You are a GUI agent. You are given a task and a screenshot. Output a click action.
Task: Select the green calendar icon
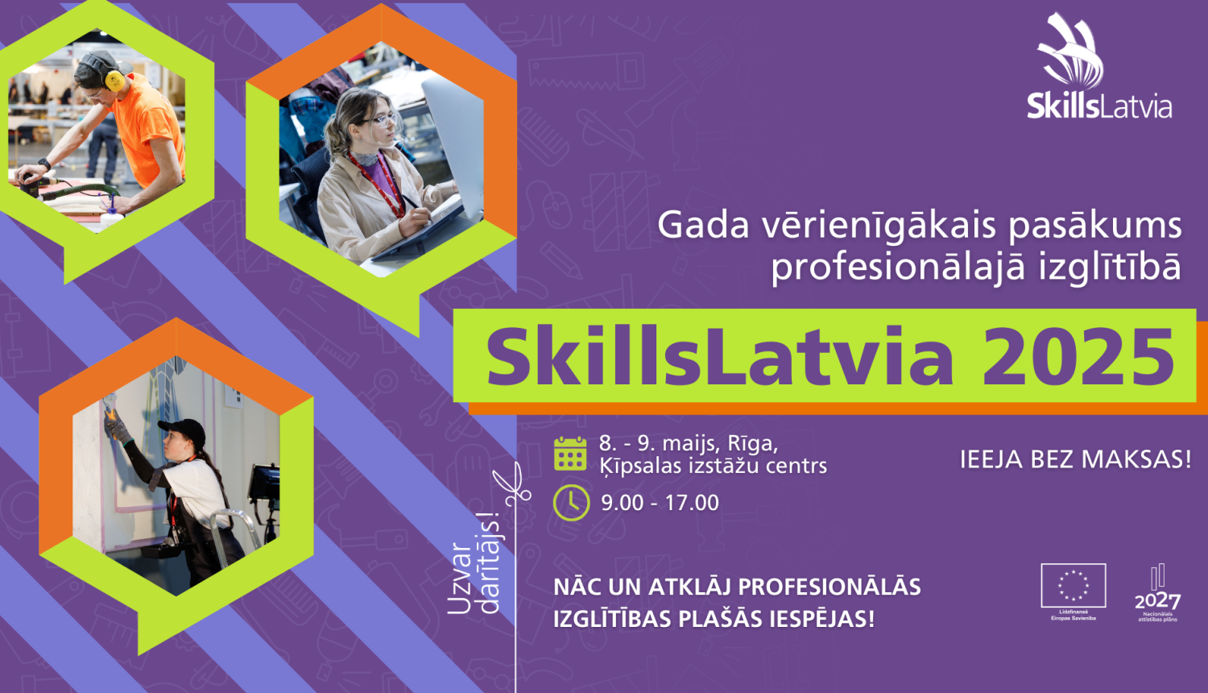coord(570,454)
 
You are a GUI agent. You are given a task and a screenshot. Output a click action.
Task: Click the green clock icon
coord(571,502)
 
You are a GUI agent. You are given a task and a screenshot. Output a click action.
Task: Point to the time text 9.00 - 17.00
coord(660,503)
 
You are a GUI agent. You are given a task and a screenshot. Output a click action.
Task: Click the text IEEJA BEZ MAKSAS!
coord(1075,459)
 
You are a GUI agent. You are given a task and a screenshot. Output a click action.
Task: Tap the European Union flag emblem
coord(1073,585)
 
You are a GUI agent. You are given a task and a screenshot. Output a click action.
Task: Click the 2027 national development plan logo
coord(1157,593)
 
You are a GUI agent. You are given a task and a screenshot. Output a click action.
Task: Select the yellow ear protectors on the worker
coord(114,79)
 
